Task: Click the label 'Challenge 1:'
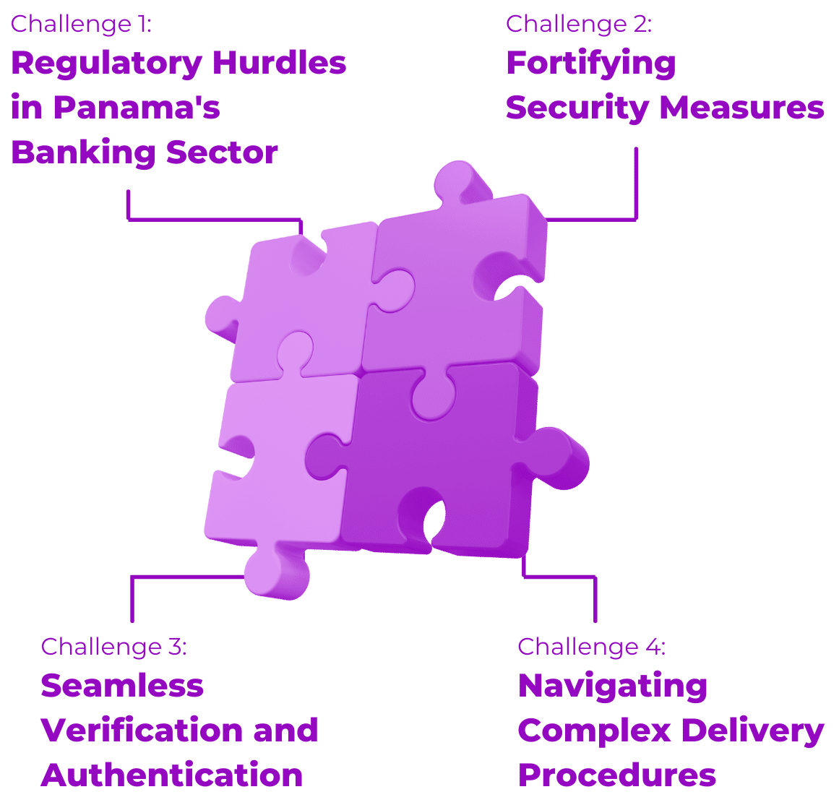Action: (81, 24)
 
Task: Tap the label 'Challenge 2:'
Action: (578, 24)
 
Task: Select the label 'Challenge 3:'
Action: (113, 646)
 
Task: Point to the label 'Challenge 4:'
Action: (591, 646)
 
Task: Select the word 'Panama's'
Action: (137, 108)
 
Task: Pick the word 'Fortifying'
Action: (590, 64)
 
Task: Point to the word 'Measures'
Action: (741, 108)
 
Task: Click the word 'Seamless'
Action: (122, 685)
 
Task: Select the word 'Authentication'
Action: (171, 775)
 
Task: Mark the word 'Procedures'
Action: (617, 775)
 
